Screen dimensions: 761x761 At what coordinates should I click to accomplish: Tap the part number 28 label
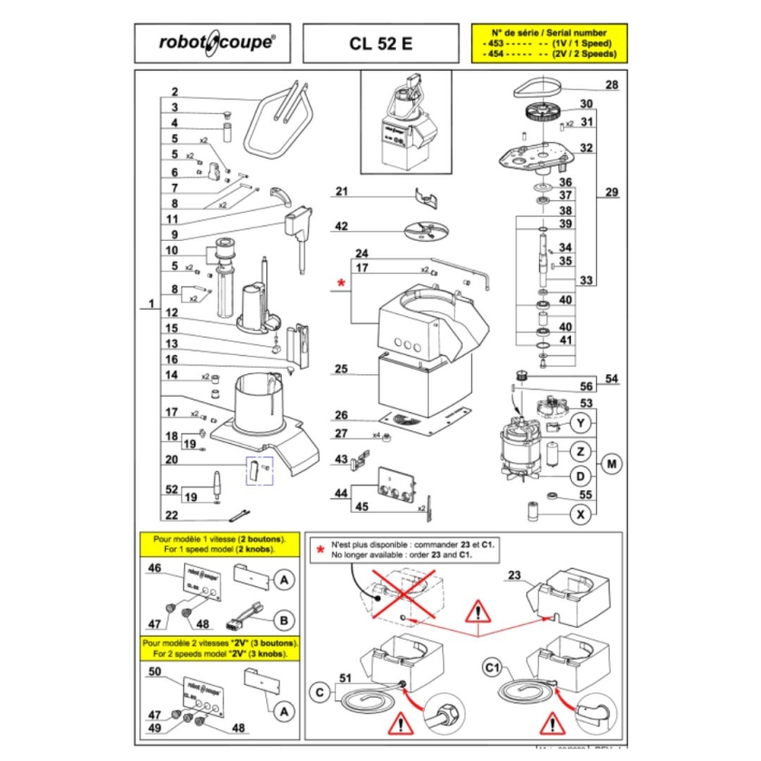tap(612, 86)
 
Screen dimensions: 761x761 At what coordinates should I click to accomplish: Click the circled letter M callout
tap(612, 465)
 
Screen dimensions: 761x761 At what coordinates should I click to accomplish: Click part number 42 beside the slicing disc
tap(342, 226)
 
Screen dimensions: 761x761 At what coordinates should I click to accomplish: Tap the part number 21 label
tap(342, 191)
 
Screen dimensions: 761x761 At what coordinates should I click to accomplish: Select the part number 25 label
tap(341, 370)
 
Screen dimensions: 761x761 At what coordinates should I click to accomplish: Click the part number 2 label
tap(174, 92)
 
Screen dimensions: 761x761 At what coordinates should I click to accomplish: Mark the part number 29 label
tap(612, 193)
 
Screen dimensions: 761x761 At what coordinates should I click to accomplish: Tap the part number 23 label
tap(515, 575)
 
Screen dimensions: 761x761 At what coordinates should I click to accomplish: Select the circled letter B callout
tap(284, 620)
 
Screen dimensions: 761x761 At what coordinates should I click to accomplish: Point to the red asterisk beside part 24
tap(341, 284)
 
